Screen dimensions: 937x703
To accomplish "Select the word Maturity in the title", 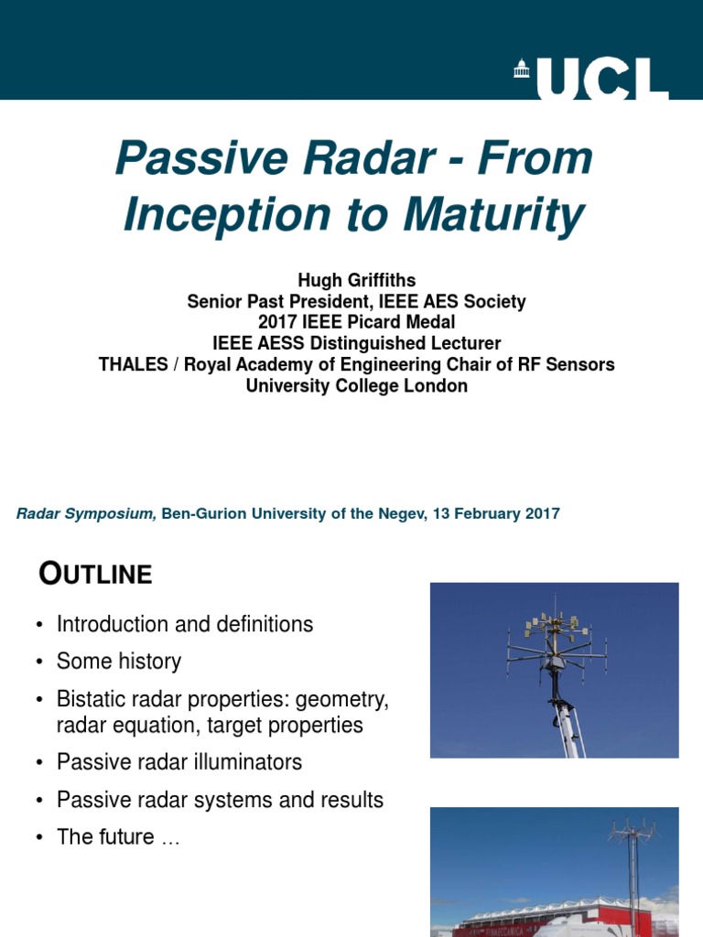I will [x=494, y=214].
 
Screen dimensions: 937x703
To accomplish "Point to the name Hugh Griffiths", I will [x=356, y=281].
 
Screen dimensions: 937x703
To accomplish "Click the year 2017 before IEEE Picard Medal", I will [x=278, y=322].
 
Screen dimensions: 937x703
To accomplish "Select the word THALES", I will [x=136, y=364].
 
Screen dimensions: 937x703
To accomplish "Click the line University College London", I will [x=356, y=385].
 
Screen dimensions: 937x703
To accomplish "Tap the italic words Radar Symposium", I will [x=86, y=513].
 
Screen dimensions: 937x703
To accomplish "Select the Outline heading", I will [x=95, y=574].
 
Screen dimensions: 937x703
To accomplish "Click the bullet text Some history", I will [x=119, y=661].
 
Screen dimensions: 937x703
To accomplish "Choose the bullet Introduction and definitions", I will [x=185, y=624].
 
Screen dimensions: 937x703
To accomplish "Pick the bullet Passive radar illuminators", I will [x=179, y=761].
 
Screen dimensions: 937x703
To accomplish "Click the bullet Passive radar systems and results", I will [x=220, y=800].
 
